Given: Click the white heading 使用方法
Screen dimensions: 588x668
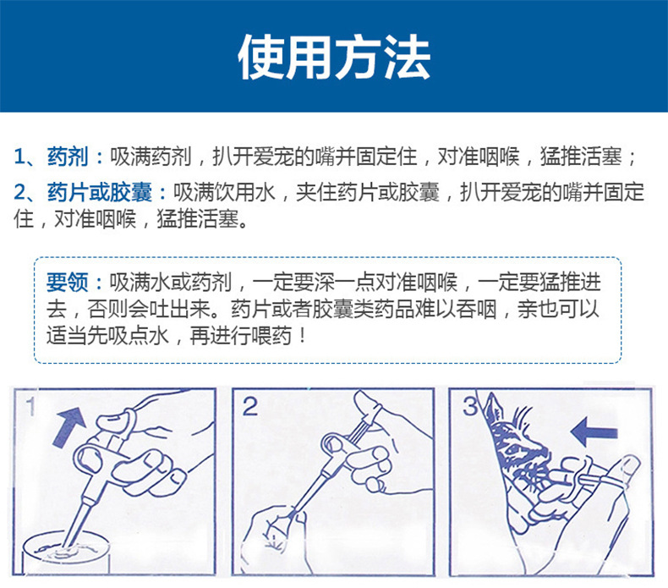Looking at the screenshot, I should (x=333, y=57).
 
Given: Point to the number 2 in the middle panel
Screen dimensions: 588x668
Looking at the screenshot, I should (x=249, y=407).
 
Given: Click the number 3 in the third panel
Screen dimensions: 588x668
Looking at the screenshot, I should (x=469, y=407).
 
